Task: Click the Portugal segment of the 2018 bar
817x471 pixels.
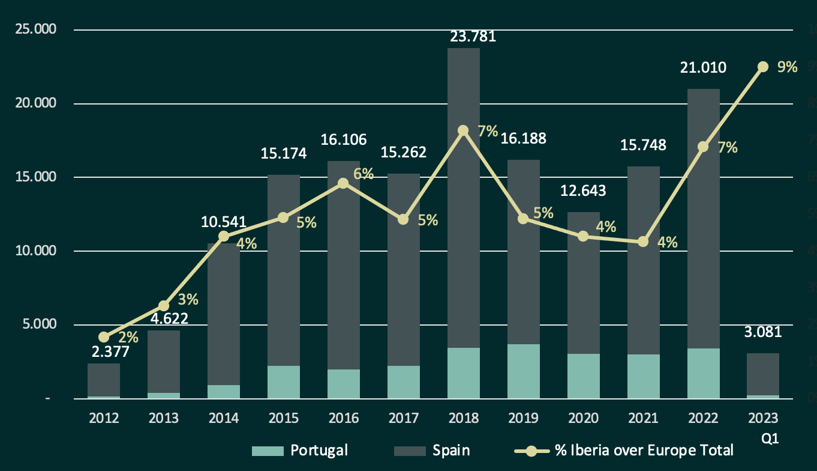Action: coord(463,373)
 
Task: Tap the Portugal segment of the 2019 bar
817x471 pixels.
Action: coord(523,371)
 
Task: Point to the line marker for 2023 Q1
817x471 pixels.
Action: coord(763,67)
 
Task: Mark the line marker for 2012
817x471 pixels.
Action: coord(104,337)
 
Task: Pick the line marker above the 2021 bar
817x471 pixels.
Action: coord(643,242)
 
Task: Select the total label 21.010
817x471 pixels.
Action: coord(703,67)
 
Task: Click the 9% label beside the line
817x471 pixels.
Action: coord(787,67)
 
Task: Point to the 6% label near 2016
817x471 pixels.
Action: coord(364,174)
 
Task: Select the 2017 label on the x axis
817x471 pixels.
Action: coord(403,418)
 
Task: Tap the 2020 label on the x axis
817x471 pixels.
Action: coord(583,418)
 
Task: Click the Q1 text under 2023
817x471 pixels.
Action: coord(770,439)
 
